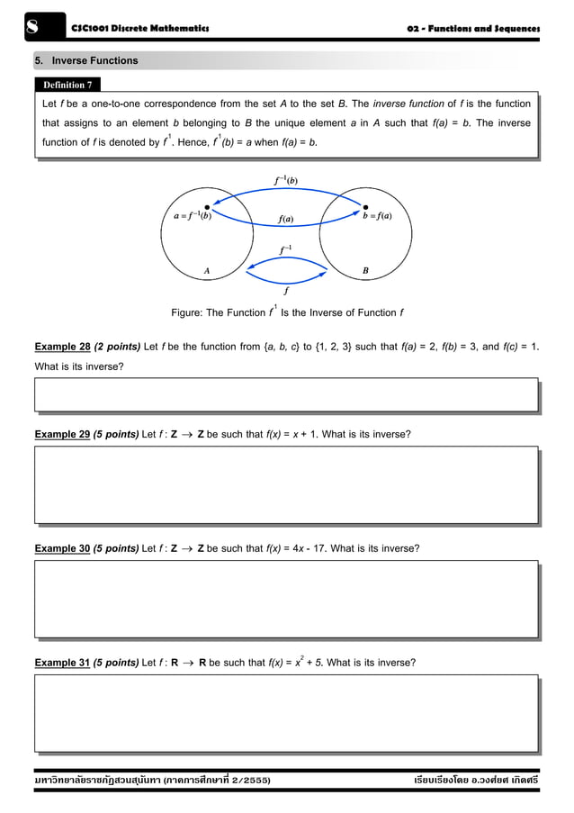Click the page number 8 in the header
click(x=30, y=29)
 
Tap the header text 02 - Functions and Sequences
click(x=473, y=30)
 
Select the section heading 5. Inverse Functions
click(x=86, y=61)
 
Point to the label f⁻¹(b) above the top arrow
click(x=287, y=179)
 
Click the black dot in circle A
click(x=208, y=206)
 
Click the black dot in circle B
click(x=364, y=206)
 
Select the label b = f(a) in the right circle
click(x=377, y=217)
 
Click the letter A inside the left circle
click(x=207, y=268)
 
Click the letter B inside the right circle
click(x=364, y=268)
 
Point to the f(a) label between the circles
click(x=287, y=218)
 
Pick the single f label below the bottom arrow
click(x=286, y=292)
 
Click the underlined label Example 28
click(x=62, y=347)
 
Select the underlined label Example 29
click(x=62, y=434)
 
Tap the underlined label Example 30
click(x=62, y=547)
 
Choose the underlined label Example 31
click(x=62, y=662)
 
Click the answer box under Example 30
click(x=286, y=600)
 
